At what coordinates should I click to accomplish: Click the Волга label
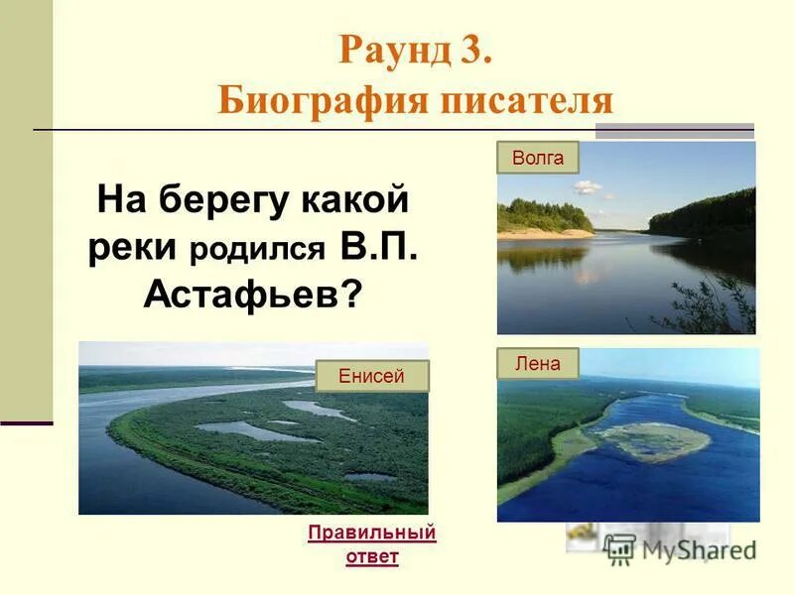coord(537,158)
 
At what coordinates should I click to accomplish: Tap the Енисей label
coord(371,376)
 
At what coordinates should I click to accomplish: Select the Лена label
coord(537,364)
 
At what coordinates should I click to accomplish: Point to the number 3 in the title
coord(473,51)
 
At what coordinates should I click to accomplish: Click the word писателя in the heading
coord(527,100)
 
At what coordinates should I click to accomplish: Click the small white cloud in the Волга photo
coord(588,186)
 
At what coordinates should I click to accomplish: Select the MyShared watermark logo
coord(681,547)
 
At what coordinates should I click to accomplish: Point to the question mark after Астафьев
coord(351,293)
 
